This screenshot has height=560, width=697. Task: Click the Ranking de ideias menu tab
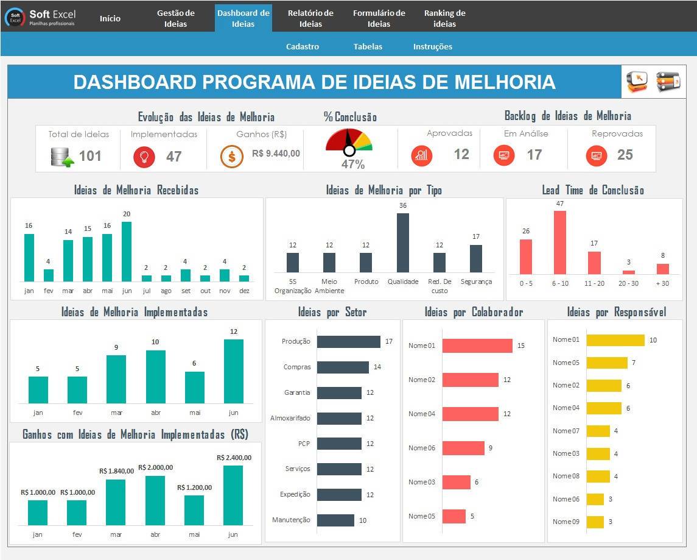coord(444,18)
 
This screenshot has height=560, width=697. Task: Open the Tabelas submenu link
coord(368,46)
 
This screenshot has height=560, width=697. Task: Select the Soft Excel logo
coord(40,17)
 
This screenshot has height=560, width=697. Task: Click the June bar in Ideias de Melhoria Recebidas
coord(127,252)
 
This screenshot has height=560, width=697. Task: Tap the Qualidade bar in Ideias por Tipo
coord(403,243)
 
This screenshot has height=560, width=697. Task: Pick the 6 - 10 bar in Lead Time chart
coord(560,243)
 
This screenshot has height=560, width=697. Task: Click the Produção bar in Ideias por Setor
coord(348,342)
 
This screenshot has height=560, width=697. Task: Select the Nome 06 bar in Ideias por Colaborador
coord(463,448)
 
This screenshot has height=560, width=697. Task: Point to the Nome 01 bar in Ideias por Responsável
coord(615,340)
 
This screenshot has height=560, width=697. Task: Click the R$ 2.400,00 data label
coord(234,457)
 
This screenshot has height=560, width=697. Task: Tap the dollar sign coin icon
coord(231,157)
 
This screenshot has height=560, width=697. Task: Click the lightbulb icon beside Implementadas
coord(144,157)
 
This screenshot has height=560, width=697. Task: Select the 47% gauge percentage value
coord(353,164)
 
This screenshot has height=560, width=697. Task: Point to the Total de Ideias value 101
coord(90,155)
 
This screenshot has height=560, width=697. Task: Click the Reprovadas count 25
coord(625,154)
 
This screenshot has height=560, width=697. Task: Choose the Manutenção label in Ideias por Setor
coord(291,520)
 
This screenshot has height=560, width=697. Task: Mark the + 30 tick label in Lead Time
coord(662,283)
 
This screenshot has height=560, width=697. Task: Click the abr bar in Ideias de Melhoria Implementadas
coord(156,377)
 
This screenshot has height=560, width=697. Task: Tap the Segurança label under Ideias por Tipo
coord(476,282)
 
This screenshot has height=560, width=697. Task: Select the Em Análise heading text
coord(526,133)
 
